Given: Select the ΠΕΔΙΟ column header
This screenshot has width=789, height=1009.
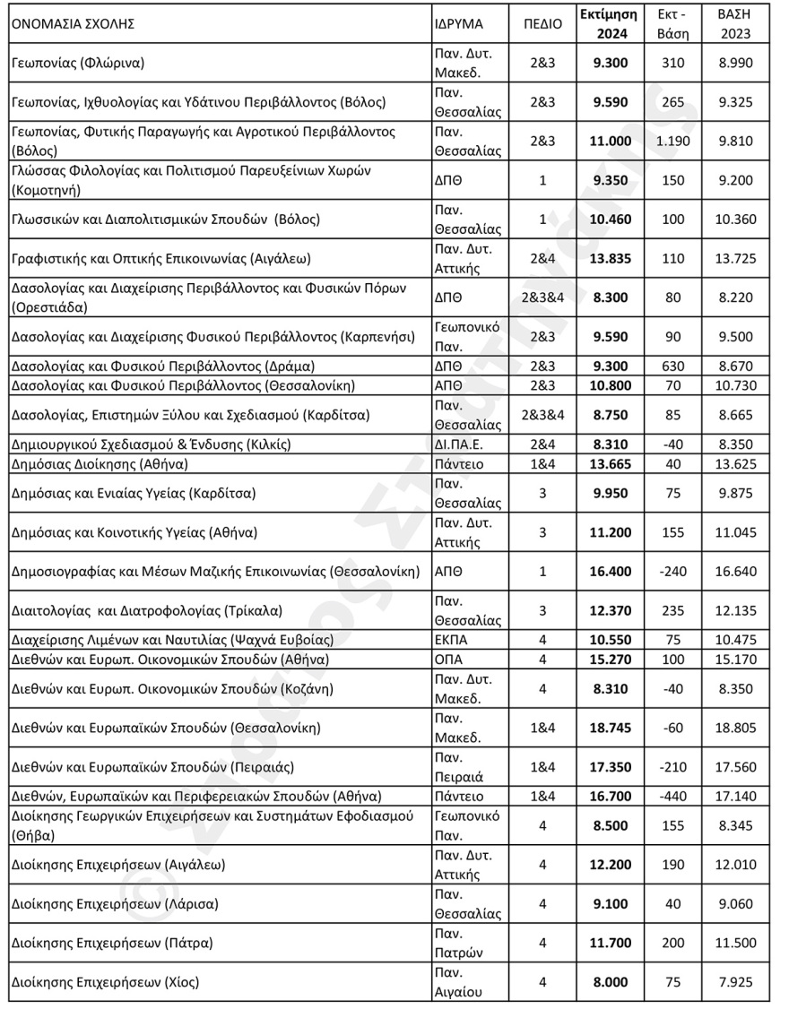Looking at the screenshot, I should (542, 24).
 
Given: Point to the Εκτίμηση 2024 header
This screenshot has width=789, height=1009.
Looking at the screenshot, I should (608, 24).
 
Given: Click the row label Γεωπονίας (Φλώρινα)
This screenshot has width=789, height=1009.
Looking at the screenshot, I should (80, 64).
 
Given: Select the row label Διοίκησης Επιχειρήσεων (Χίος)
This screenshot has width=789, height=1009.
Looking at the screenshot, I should (104, 982).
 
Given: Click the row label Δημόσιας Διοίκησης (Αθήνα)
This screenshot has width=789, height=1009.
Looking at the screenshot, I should (99, 464).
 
